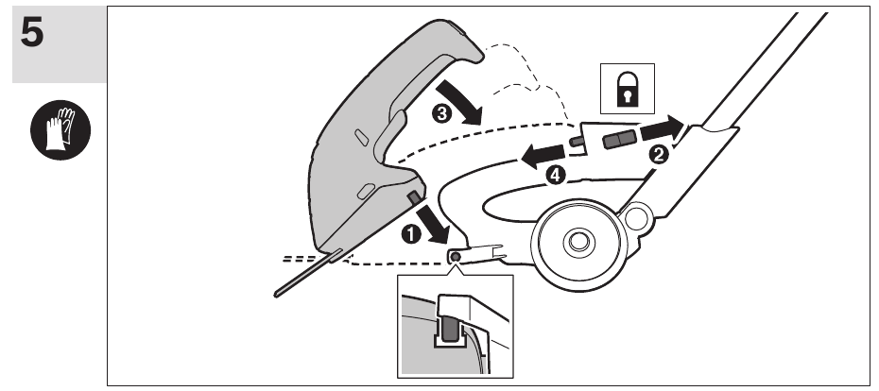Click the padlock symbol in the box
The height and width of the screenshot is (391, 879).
point(625,91)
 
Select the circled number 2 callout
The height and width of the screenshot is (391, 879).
point(660,156)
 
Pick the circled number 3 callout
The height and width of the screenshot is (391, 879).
point(440,113)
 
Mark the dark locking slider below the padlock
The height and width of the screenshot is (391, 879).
point(620,141)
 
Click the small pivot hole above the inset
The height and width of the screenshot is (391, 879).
point(456,256)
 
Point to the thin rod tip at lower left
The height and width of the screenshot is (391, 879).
point(280,293)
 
